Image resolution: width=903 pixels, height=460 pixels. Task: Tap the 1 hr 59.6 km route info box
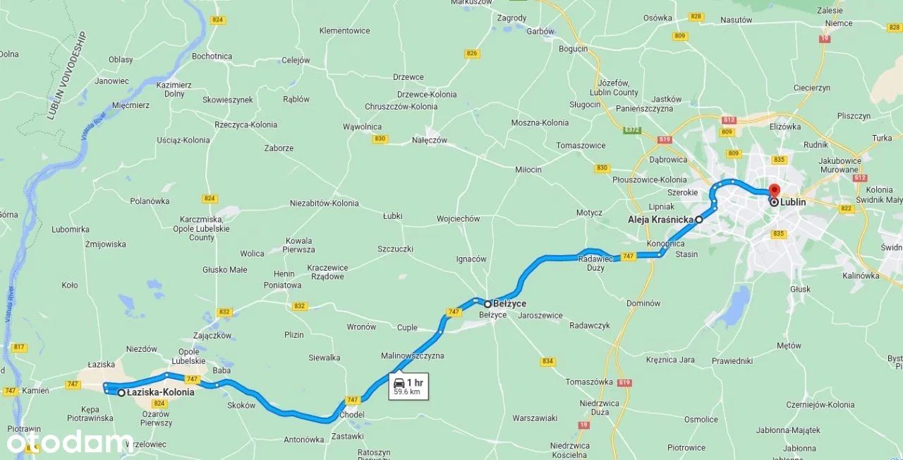pos(408,387)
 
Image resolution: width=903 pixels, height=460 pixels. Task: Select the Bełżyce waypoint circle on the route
pos(487,304)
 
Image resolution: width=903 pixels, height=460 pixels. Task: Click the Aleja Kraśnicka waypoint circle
pos(699,220)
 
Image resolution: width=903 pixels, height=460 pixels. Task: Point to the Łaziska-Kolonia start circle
pos(121,392)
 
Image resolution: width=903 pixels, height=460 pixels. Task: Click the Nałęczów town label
pos(430,140)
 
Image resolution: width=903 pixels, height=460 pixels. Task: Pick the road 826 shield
pos(472,54)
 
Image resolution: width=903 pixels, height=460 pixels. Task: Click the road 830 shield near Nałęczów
pos(380,139)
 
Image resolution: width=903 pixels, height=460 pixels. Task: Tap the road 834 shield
pos(547,361)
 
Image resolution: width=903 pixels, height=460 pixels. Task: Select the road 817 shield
pos(19,347)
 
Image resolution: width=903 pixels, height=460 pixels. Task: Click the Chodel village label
pos(351,414)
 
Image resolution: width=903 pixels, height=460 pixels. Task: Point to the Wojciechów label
pos(458,219)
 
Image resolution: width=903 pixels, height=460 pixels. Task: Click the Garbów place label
pos(540,31)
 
